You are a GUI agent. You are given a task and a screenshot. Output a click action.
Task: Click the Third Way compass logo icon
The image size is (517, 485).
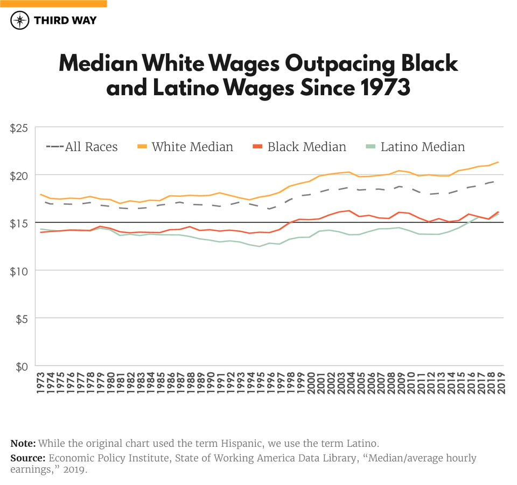[20, 20]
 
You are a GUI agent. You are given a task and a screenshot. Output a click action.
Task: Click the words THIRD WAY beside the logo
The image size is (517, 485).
[65, 20]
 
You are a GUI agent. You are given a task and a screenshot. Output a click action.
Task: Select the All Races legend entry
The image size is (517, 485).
[82, 147]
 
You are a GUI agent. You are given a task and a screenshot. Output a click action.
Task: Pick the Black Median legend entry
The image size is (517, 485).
[299, 147]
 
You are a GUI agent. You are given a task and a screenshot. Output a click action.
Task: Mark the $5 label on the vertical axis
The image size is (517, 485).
[20, 318]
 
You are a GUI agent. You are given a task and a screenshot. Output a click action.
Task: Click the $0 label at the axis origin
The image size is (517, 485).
[20, 366]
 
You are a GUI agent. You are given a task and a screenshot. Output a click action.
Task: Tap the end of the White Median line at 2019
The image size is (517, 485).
[499, 162]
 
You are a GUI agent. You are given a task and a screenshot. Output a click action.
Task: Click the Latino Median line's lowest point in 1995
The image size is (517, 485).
[260, 246]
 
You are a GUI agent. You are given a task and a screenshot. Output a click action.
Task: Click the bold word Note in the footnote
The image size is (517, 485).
[23, 444]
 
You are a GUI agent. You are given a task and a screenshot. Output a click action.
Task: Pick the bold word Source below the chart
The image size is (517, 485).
[27, 458]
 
